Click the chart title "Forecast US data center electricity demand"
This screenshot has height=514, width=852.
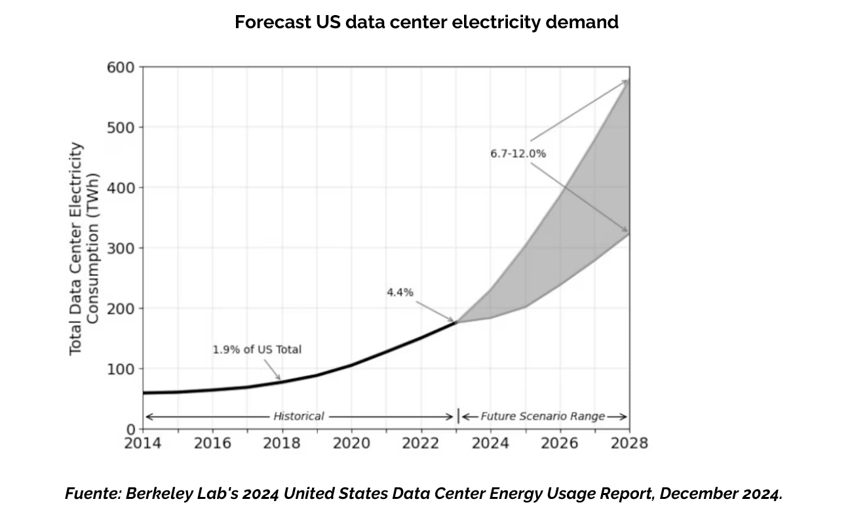click(x=426, y=22)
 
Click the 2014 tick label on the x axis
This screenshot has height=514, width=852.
click(x=142, y=443)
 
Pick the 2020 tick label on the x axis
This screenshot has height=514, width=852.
click(x=351, y=443)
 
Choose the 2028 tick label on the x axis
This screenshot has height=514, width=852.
click(x=629, y=443)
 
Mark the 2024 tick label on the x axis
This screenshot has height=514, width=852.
click(x=490, y=443)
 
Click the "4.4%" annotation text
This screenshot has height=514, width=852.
click(x=400, y=292)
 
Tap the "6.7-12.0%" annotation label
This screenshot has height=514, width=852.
click(x=518, y=153)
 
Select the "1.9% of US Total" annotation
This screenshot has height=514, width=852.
click(x=257, y=349)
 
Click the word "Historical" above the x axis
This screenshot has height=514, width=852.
click(x=298, y=416)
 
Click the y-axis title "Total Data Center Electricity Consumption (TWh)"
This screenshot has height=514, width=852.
click(x=85, y=248)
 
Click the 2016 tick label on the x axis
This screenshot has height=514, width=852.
click(x=212, y=443)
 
